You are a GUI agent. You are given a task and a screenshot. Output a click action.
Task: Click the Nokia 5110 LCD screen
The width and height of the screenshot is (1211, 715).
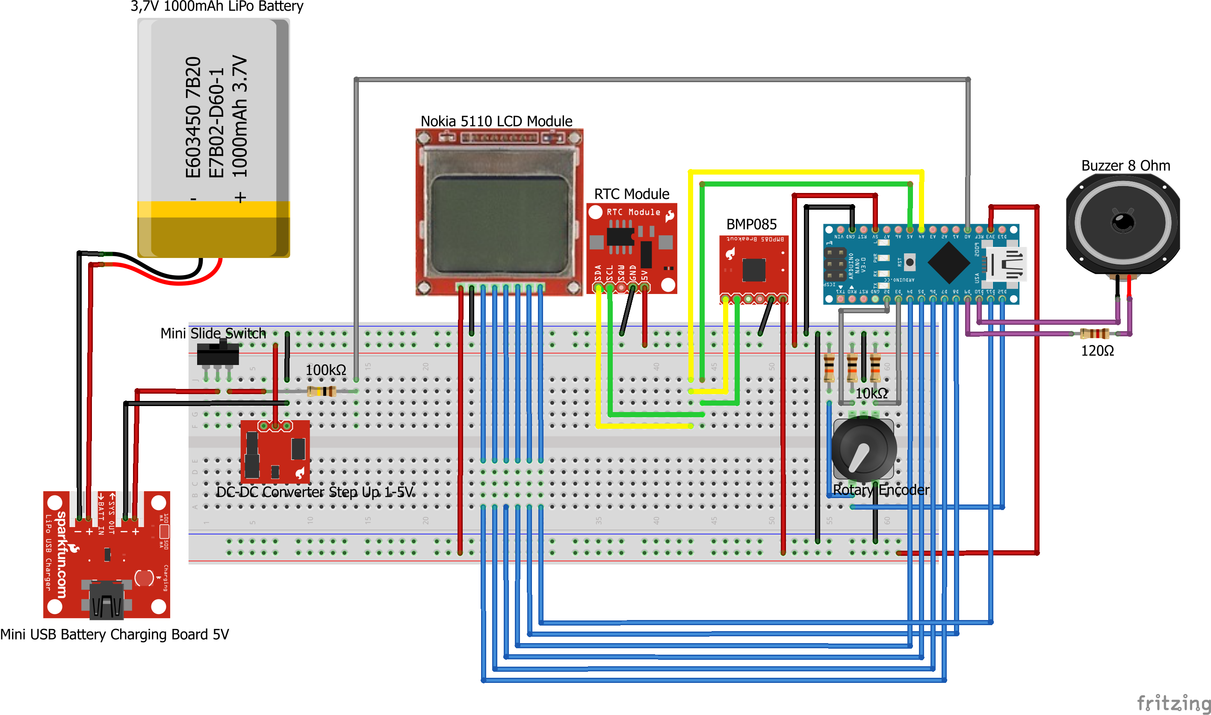tap(499, 225)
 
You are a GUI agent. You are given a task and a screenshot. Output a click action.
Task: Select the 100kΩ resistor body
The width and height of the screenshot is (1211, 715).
tap(322, 391)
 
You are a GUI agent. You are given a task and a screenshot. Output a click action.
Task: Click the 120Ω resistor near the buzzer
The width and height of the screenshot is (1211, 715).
tap(1094, 333)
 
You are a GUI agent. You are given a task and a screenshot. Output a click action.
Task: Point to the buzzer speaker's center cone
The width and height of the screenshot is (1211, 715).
tap(1124, 223)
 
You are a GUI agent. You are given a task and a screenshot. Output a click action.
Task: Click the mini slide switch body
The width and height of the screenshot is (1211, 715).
tap(218, 354)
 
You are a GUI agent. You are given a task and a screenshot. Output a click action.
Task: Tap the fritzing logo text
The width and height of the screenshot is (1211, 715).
tap(1173, 703)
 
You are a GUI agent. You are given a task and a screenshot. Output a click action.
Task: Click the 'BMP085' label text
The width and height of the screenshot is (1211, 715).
tap(751, 225)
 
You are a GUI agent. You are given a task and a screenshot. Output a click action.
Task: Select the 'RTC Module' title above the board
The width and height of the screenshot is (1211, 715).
tap(631, 194)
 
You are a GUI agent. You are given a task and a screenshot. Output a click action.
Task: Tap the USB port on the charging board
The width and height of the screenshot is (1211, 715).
tap(107, 600)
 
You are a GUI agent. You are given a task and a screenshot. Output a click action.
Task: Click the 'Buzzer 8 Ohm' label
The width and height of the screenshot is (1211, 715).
tap(1125, 166)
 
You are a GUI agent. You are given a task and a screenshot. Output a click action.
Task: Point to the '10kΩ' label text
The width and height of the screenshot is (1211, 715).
tap(871, 394)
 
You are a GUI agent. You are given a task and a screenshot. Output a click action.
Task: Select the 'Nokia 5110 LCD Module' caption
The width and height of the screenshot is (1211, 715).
tap(496, 122)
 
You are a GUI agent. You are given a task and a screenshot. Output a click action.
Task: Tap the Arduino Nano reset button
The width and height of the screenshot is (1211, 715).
tap(909, 262)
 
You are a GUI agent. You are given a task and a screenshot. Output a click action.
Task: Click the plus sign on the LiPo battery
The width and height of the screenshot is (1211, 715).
tap(240, 198)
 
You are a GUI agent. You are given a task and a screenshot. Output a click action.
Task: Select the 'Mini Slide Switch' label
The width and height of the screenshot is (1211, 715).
tap(213, 333)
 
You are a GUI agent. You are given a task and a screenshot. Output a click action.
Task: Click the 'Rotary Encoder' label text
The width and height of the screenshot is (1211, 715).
tap(881, 490)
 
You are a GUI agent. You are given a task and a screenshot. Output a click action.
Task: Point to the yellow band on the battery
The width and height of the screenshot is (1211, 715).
tap(213, 209)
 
